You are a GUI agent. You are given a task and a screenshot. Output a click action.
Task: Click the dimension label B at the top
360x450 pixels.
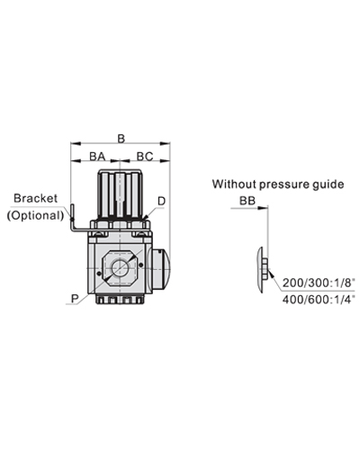pos(121,138)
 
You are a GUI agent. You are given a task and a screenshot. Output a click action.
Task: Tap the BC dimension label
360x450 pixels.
pos(145,157)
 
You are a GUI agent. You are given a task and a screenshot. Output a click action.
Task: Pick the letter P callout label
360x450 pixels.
pos(73,293)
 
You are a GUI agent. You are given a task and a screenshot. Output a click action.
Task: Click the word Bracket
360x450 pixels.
pos(36,198)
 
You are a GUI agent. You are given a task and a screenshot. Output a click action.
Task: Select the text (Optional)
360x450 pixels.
pos(35,215)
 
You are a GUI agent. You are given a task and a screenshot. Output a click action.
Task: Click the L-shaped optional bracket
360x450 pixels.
pos(74,220)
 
